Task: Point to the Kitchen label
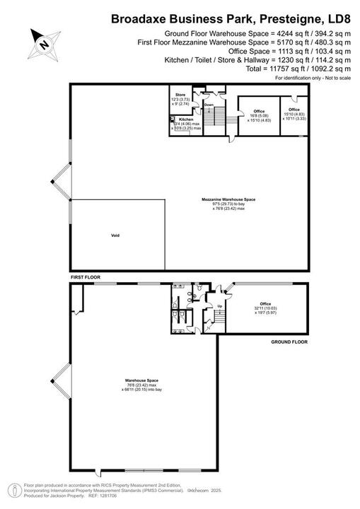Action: (x=186, y=119)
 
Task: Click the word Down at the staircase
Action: (x=209, y=105)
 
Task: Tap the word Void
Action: (x=115, y=235)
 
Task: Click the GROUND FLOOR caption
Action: (x=290, y=341)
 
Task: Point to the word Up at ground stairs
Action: (x=220, y=307)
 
